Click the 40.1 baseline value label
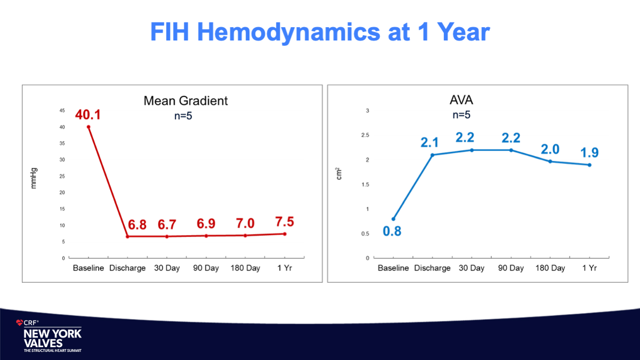click(88, 115)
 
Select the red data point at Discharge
click(127, 236)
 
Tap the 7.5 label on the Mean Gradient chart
click(285, 222)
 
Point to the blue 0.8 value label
click(392, 231)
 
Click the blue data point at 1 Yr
click(589, 165)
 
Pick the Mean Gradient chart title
click(186, 101)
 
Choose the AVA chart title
click(461, 100)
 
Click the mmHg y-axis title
click(34, 178)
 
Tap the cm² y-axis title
click(338, 174)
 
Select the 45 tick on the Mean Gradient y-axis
click(62, 110)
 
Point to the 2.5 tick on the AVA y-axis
click(365, 135)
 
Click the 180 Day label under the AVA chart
click(550, 268)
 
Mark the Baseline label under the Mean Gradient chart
click(88, 268)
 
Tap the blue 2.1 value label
click(430, 143)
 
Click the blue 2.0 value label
click(550, 149)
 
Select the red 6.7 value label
click(167, 225)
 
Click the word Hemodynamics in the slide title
click(289, 32)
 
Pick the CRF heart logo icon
click(19, 323)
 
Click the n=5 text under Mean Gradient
click(183, 116)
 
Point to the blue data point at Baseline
click(393, 219)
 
